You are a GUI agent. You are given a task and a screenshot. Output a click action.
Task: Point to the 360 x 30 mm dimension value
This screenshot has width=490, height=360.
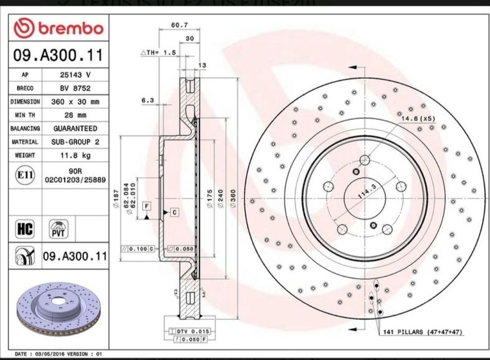[75, 101]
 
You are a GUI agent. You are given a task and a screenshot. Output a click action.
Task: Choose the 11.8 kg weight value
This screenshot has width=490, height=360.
[75, 155]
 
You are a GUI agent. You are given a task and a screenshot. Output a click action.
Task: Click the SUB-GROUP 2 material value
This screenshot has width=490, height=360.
[75, 142]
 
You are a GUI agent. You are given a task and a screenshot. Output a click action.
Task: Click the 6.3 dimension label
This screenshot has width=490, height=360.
[148, 100]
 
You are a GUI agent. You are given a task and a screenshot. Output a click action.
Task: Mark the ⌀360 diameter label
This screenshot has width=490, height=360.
[233, 198]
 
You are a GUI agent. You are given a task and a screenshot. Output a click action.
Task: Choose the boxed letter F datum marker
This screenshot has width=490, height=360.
[147, 206]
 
